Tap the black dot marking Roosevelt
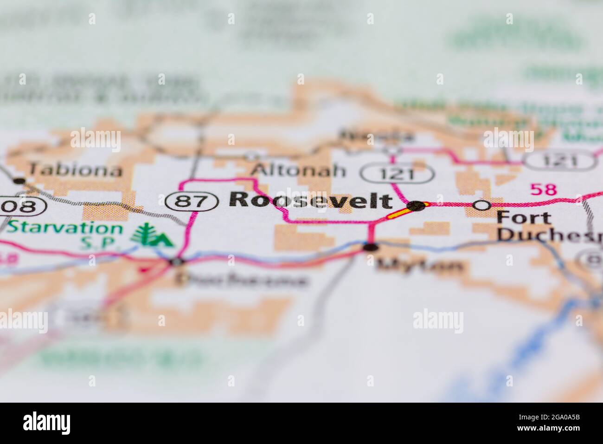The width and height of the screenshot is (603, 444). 416,206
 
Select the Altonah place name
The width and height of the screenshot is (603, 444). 299,170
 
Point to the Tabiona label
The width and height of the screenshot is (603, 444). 76,170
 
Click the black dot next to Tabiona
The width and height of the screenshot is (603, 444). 19,180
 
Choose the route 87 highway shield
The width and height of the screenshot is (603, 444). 192,201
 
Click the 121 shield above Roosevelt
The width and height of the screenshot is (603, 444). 398,174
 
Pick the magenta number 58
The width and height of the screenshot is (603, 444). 543,189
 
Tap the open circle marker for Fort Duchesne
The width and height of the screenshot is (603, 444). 482,205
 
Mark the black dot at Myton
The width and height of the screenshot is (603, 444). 370,247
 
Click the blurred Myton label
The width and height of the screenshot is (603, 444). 420,266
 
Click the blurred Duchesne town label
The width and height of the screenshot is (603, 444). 241,280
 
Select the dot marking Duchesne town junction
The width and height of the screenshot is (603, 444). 176,262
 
